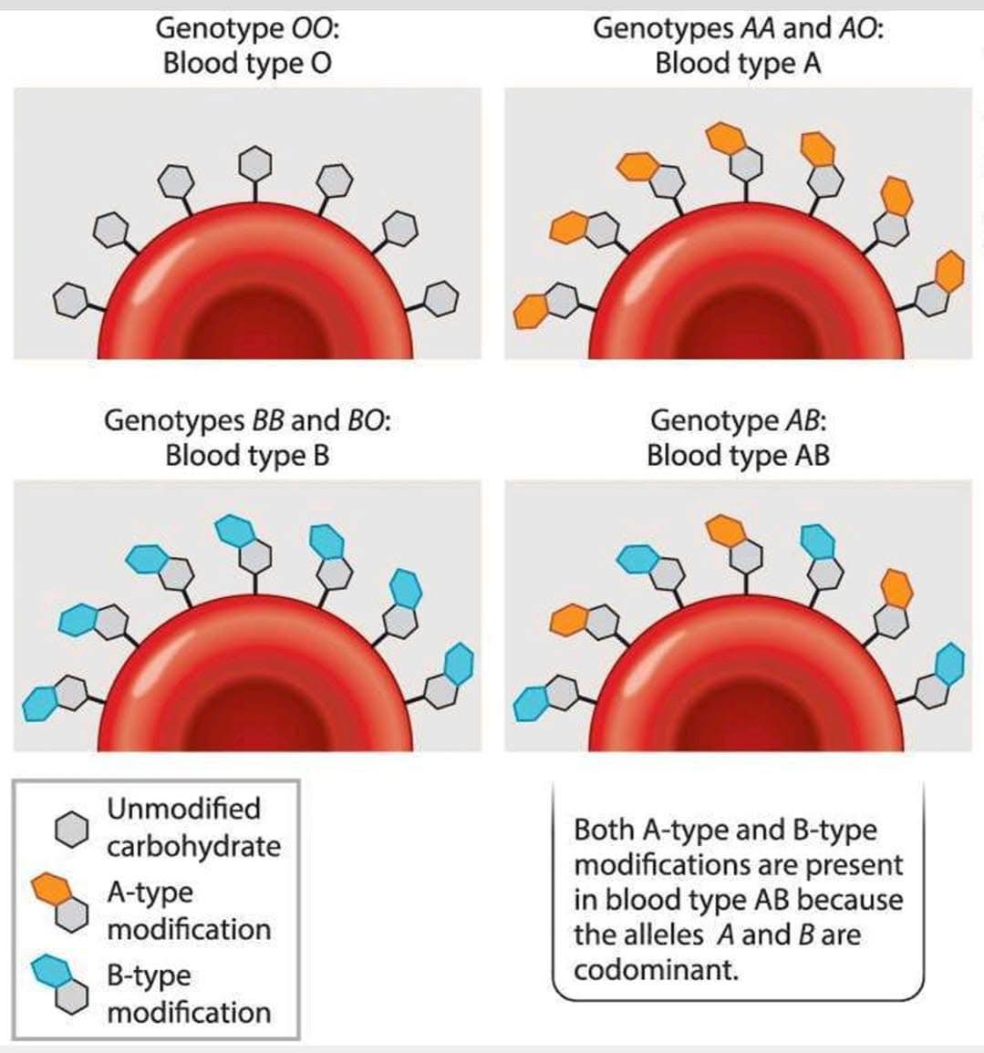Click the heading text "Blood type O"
tap(247, 64)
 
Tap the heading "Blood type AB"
tap(738, 456)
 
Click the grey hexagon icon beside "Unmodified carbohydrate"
tap(71, 829)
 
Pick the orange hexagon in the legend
tap(52, 889)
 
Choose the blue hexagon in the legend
tap(52, 972)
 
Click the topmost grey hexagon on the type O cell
tap(254, 162)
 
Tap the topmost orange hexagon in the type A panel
tap(727, 138)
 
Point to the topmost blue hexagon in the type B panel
tap(234, 530)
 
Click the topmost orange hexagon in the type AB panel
tap(727, 530)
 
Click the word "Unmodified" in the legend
tap(183, 809)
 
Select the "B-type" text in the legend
tap(149, 976)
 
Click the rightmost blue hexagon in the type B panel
tap(459, 664)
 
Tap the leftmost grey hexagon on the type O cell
tap(70, 300)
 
